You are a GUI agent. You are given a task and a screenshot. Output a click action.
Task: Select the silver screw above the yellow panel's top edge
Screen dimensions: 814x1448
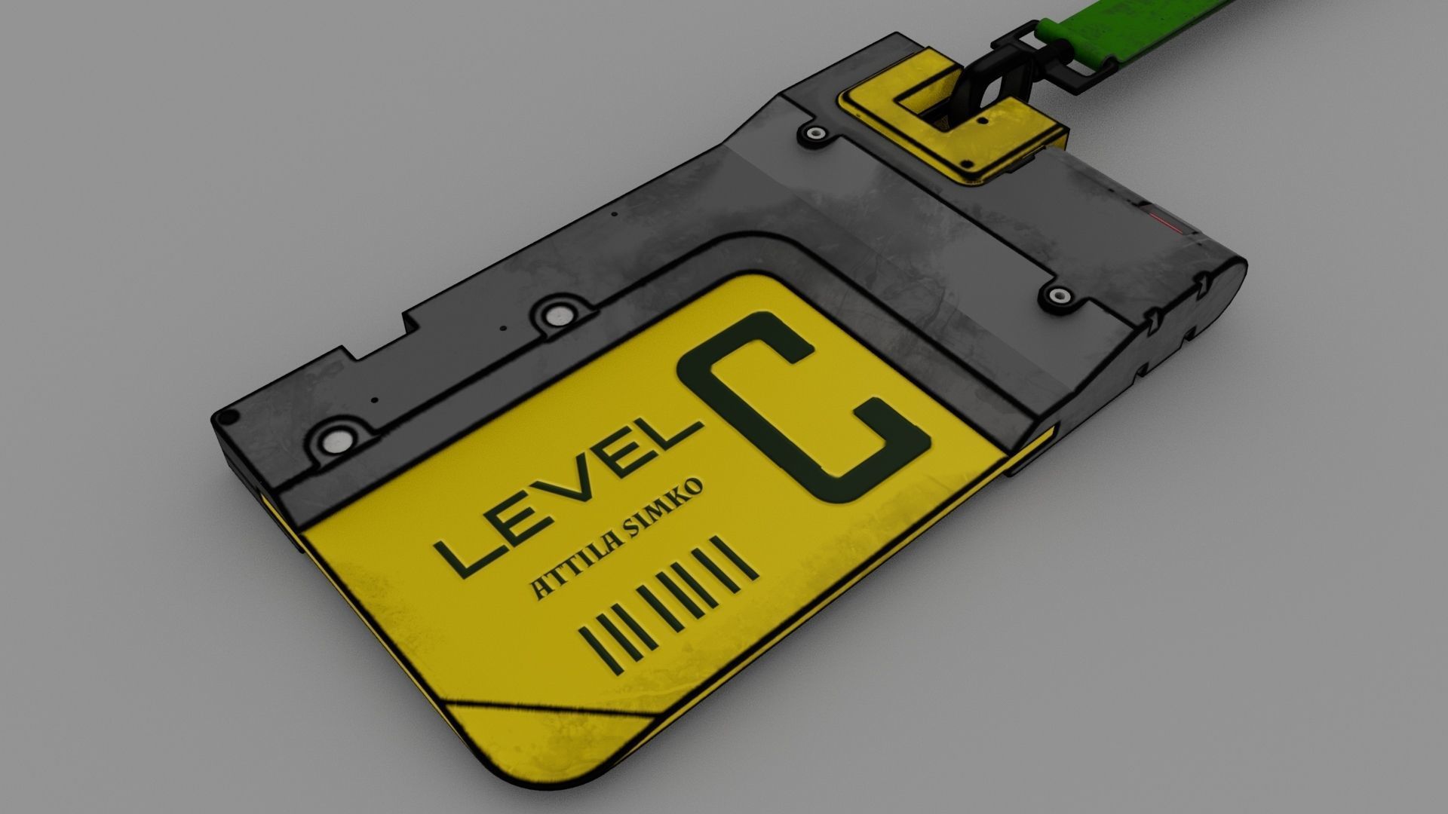pos(558,316)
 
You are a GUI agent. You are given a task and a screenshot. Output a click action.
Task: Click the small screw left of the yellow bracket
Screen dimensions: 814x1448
pos(815,135)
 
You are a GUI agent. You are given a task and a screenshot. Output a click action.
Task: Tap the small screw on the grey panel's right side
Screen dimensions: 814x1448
pos(1059,295)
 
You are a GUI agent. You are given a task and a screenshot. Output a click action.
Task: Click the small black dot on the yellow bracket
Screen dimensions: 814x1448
pos(981,119)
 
